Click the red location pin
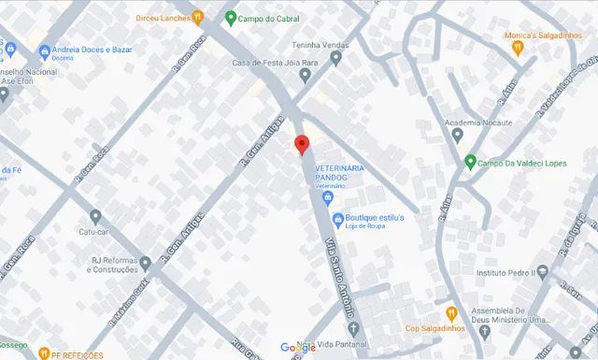301,145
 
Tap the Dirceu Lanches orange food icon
198,17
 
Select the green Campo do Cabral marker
231,17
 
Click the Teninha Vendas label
293,45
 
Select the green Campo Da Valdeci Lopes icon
470,162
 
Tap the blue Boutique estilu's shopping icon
337,219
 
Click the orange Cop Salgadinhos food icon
450,312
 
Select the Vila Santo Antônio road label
340,288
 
